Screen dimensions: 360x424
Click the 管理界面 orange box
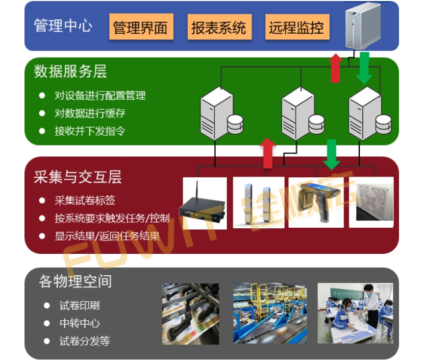click(140, 27)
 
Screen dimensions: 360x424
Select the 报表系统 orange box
click(218, 27)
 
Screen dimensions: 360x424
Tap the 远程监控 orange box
click(296, 27)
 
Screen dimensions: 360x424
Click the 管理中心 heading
click(62, 26)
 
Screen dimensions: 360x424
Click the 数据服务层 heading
click(70, 71)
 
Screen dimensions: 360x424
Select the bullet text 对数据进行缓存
click(90, 113)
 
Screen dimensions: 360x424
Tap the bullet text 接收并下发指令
click(90, 131)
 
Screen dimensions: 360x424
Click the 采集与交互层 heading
click(78, 177)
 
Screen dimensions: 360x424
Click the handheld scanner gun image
click(316, 202)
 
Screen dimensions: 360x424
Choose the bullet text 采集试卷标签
click(85, 201)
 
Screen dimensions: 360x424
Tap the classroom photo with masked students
click(355, 313)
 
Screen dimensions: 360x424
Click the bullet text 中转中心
click(79, 323)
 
